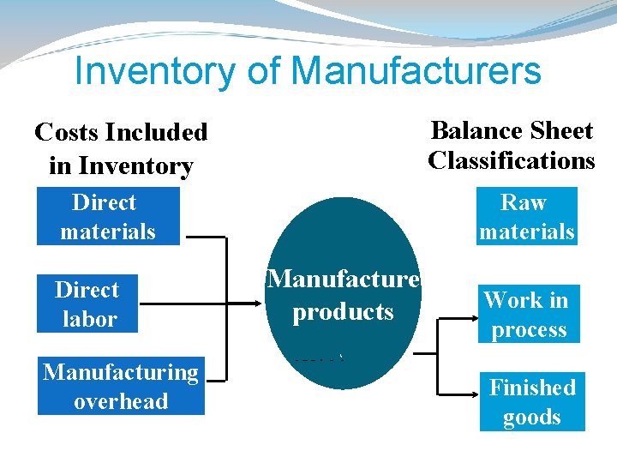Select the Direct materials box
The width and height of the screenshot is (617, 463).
[108, 217]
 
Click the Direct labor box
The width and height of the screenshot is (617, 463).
[88, 304]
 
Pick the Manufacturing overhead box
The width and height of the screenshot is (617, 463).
[121, 386]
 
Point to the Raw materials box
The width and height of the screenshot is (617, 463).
[526, 217]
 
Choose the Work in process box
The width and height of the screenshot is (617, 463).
[528, 314]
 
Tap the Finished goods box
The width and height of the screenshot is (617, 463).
[532, 401]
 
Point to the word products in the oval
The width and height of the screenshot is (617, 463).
[343, 311]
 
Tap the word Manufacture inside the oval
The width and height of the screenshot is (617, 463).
[343, 280]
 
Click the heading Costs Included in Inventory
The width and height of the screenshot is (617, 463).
[121, 148]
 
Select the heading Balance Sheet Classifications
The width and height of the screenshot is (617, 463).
[512, 145]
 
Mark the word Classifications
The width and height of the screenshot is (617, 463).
[512, 160]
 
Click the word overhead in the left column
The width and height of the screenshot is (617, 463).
[121, 401]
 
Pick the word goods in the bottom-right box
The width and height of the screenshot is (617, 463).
[532, 418]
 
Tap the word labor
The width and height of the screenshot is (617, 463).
[89, 319]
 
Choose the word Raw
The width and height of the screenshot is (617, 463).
[524, 202]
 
